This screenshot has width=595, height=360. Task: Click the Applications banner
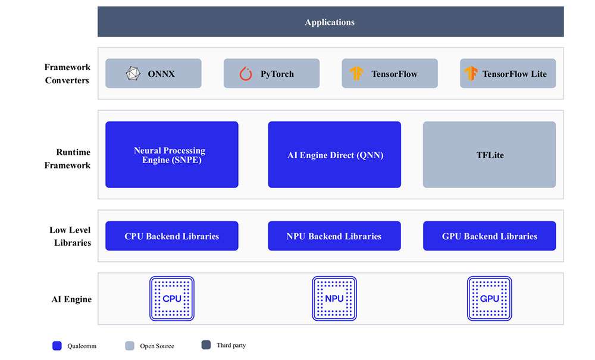click(330, 21)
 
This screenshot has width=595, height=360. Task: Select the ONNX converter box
click(154, 73)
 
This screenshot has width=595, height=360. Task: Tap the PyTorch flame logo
click(246, 74)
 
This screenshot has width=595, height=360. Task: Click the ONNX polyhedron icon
click(133, 74)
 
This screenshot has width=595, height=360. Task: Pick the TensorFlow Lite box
click(508, 73)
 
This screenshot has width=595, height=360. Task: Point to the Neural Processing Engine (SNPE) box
click(172, 154)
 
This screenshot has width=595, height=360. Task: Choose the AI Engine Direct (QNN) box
click(334, 154)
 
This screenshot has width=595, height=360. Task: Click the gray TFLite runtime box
click(489, 154)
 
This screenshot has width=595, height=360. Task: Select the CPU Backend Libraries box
click(172, 236)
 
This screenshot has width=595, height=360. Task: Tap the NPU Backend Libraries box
click(334, 236)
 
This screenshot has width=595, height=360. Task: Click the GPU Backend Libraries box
click(489, 236)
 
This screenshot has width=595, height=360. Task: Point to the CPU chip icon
click(172, 299)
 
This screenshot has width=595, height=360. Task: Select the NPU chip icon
click(334, 299)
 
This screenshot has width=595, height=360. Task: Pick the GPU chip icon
click(490, 299)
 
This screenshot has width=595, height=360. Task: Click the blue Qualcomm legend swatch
click(57, 346)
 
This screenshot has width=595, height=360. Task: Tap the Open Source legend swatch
click(130, 346)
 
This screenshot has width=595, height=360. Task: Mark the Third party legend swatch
click(206, 345)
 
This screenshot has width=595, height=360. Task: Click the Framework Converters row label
click(67, 74)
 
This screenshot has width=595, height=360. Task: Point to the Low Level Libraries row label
click(70, 236)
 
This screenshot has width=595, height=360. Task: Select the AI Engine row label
click(72, 299)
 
